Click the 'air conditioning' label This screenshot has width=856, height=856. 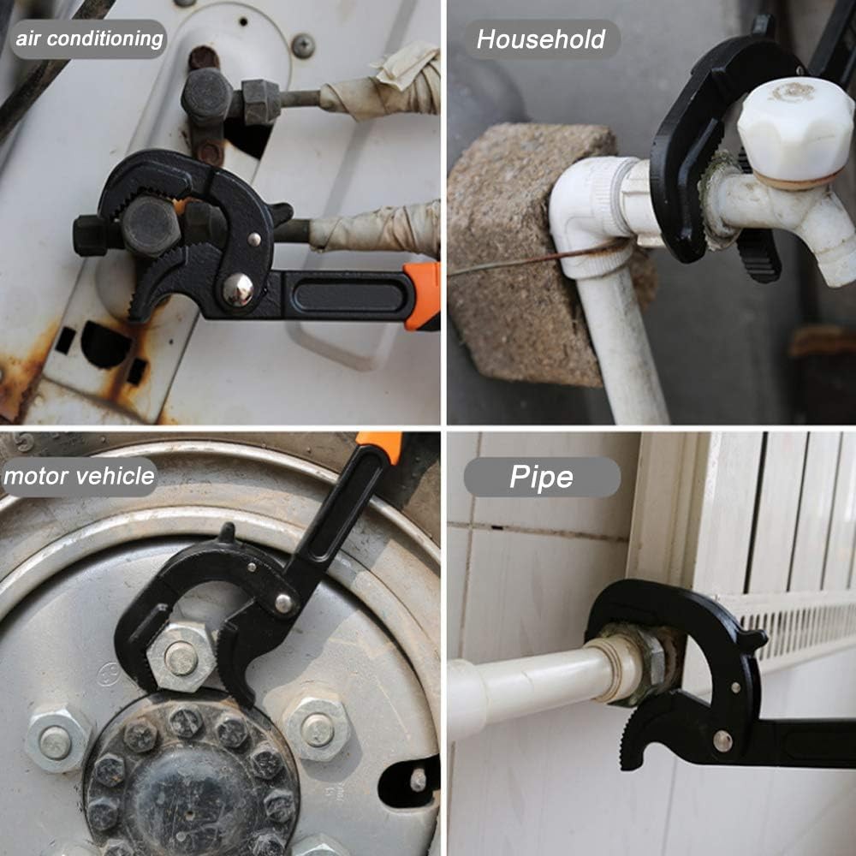tap(89, 39)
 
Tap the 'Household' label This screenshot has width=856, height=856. tap(541, 39)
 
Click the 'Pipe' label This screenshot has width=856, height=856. tap(542, 477)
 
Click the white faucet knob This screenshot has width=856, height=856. tap(795, 128)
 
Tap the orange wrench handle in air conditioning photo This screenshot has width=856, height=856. tap(423, 295)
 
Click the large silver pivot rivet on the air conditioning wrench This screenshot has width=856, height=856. tap(238, 288)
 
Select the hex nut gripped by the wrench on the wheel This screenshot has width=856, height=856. tap(181, 657)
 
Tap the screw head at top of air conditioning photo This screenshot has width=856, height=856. tap(302, 45)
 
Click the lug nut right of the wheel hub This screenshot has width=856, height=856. tap(317, 728)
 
